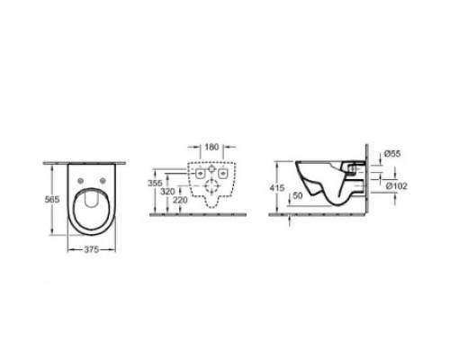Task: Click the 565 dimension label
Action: (52, 199)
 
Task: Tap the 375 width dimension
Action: (91, 249)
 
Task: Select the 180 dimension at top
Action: (211, 147)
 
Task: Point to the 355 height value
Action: (155, 183)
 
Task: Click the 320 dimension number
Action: (167, 192)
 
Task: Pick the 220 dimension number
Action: (180, 200)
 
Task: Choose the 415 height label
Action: (277, 188)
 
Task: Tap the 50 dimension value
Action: (298, 195)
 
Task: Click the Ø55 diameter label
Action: (392, 154)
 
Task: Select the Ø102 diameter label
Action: (397, 186)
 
